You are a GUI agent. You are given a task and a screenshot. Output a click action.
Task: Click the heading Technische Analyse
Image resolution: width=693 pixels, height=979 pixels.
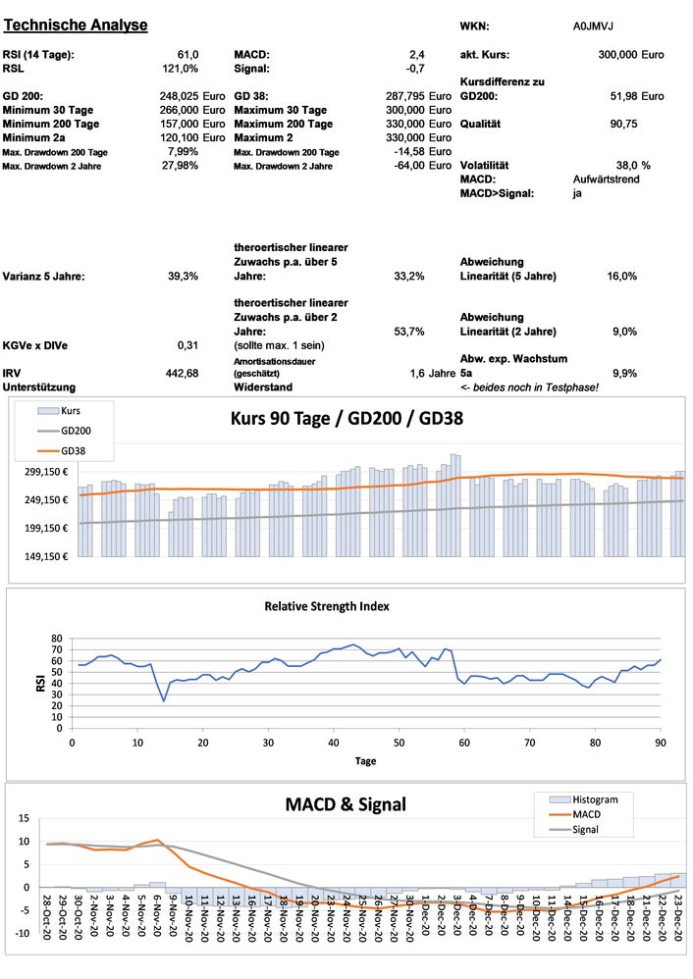click(76, 25)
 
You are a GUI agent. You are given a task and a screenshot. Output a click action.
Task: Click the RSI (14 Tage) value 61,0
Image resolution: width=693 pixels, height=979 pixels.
click(187, 54)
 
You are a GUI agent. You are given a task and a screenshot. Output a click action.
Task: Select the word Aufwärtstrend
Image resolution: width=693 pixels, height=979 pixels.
click(607, 180)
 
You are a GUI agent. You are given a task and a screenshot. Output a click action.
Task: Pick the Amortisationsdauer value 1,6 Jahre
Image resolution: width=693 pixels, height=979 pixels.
click(432, 373)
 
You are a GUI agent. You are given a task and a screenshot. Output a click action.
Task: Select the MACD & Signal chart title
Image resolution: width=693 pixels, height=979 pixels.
click(346, 805)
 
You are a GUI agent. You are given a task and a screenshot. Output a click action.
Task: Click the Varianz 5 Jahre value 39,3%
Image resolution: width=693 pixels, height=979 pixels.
click(183, 277)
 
